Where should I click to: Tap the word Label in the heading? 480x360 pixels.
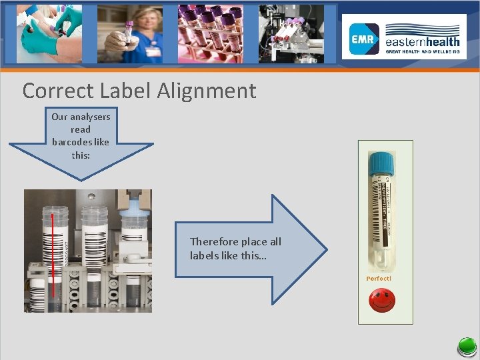[x=123, y=91]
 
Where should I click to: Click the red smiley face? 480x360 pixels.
[x=381, y=301]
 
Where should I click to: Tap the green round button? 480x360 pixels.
[x=466, y=347]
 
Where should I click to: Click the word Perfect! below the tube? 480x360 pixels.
[x=379, y=278]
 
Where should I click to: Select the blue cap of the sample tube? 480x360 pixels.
[x=382, y=162]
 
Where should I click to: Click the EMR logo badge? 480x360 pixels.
[x=365, y=39]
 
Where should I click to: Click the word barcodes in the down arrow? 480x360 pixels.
[x=70, y=142]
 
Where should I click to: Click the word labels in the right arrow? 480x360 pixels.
[x=203, y=255]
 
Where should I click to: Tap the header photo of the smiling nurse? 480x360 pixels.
[x=130, y=33]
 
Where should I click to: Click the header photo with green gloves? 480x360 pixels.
[x=51, y=33]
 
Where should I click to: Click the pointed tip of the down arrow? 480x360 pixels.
[x=81, y=179]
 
